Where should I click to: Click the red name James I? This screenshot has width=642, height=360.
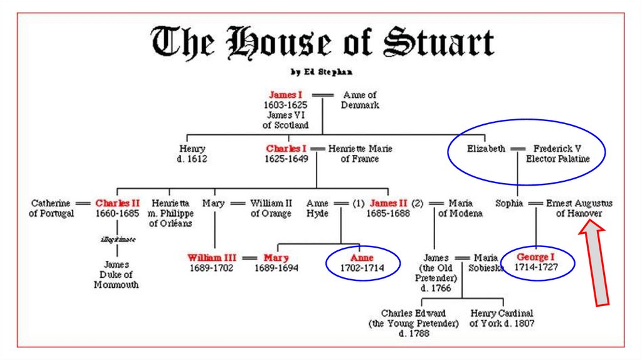tap(286, 95)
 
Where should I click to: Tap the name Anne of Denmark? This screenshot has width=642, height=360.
tap(360, 100)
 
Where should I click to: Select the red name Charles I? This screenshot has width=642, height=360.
tap(286, 149)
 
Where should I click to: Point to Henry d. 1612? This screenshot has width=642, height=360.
tap(192, 154)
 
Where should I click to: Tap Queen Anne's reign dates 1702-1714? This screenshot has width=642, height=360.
tap(362, 268)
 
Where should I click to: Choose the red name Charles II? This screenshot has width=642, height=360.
tap(117, 203)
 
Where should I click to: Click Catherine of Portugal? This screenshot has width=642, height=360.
tap(51, 208)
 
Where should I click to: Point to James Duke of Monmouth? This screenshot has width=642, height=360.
tap(117, 275)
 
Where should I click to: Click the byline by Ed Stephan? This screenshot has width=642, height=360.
tap(320, 71)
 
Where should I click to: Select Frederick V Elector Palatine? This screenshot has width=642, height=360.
tap(557, 154)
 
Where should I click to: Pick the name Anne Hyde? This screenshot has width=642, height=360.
tap(317, 208)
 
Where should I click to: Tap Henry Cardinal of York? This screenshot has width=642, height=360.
tap(501, 318)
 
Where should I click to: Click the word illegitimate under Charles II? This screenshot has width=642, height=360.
tap(117, 239)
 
